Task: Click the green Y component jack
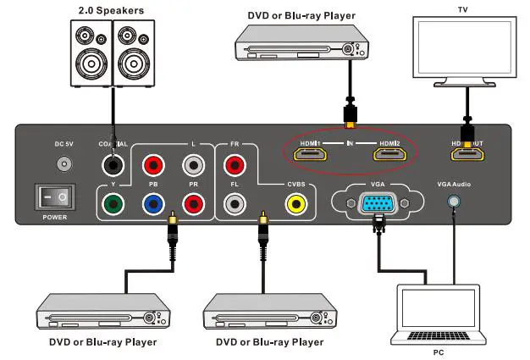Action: (111, 203)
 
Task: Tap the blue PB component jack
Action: (153, 203)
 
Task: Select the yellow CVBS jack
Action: (295, 203)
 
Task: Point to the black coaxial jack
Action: (111, 163)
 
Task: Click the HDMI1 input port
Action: (310, 155)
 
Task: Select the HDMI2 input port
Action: (389, 155)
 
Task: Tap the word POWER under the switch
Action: (56, 219)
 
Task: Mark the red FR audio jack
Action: (235, 163)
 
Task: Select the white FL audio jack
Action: (235, 203)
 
